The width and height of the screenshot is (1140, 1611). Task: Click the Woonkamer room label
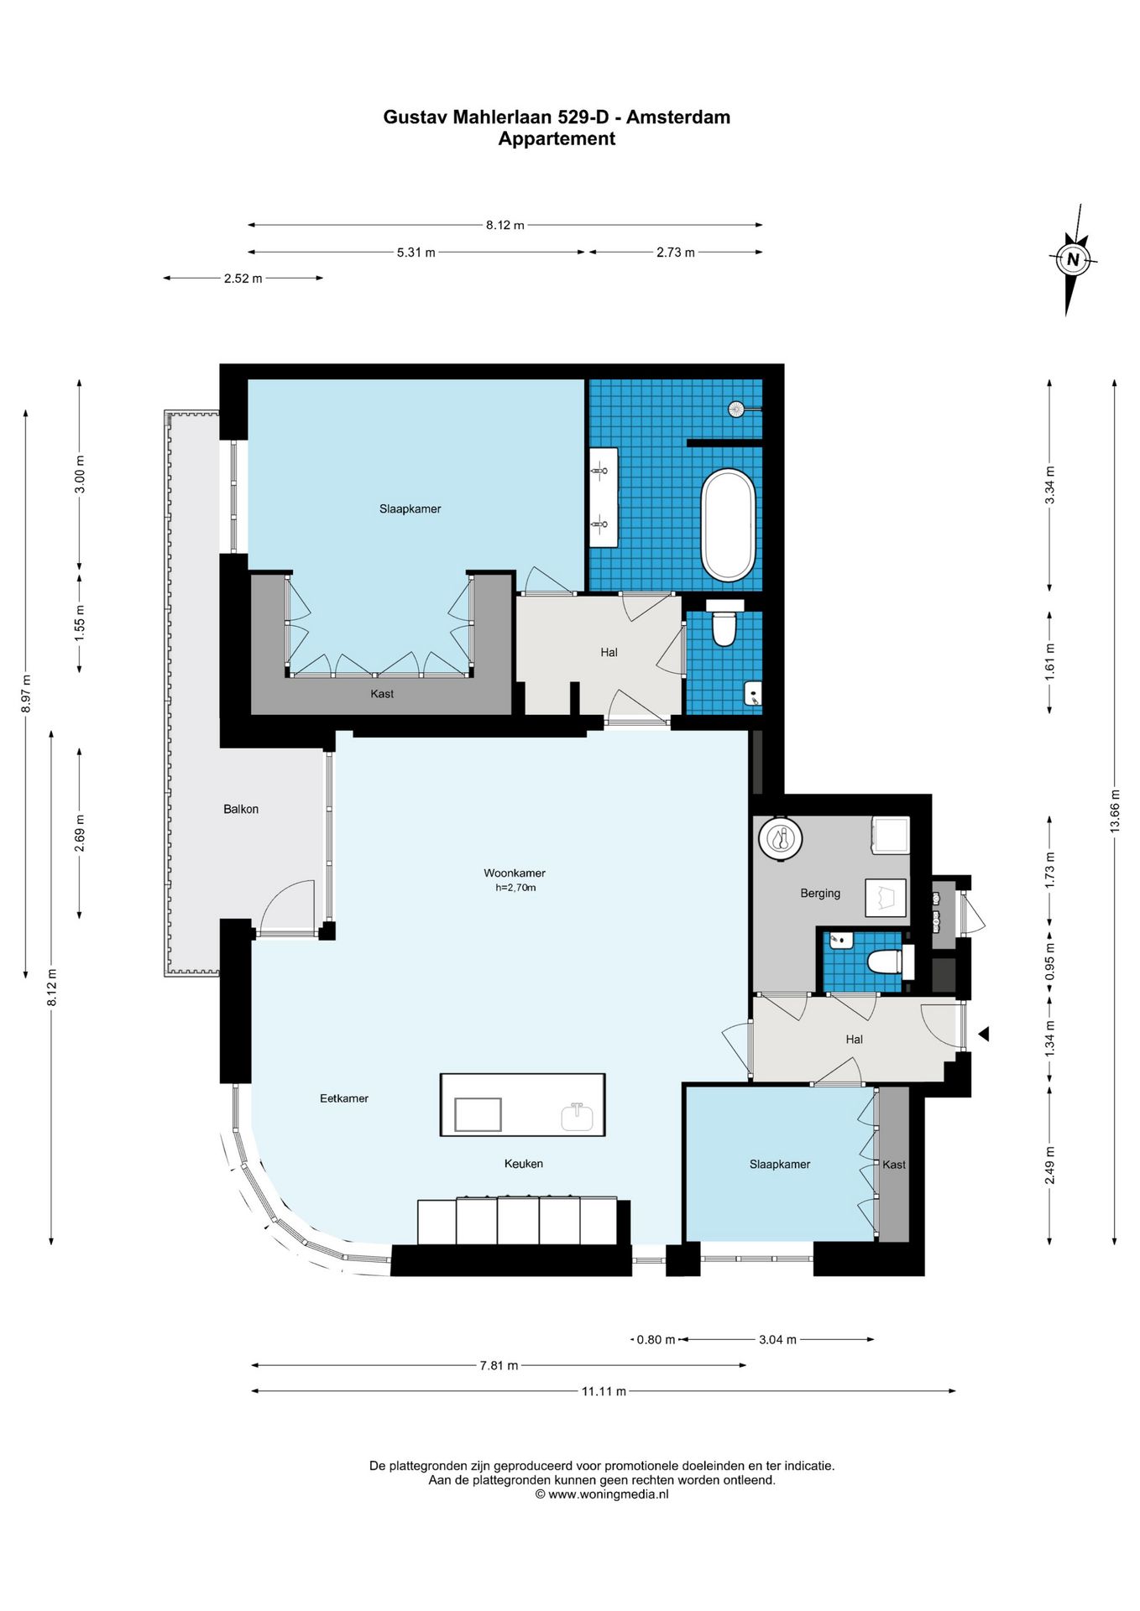pos(515,873)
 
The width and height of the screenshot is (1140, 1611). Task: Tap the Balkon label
pos(241,809)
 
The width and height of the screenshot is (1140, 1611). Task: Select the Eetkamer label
pos(344,1097)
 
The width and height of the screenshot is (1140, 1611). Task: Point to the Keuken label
pos(524,1163)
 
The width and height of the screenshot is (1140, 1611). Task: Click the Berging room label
pos(820,893)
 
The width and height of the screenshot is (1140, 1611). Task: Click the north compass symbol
pos(1072,259)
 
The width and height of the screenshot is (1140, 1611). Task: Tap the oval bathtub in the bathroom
pos(729,525)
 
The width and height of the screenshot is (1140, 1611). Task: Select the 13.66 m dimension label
pos(1115,811)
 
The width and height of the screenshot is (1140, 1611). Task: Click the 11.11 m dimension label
pos(604,1391)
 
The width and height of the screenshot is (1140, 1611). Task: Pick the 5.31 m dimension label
pos(416,253)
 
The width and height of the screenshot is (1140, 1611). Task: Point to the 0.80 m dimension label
pos(656,1339)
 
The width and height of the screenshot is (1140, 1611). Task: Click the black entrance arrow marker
pos(983,1035)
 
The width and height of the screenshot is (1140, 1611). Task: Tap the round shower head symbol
pos(736,409)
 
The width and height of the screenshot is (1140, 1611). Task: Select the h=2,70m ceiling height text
pos(515,887)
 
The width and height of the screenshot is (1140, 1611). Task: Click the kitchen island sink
pos(577,1116)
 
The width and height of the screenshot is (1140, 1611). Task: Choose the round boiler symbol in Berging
pos(781,838)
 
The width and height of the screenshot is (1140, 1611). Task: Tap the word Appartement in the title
pos(557,138)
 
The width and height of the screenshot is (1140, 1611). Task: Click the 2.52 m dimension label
pos(243,279)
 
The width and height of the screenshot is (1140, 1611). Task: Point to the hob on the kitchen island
pos(478,1114)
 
